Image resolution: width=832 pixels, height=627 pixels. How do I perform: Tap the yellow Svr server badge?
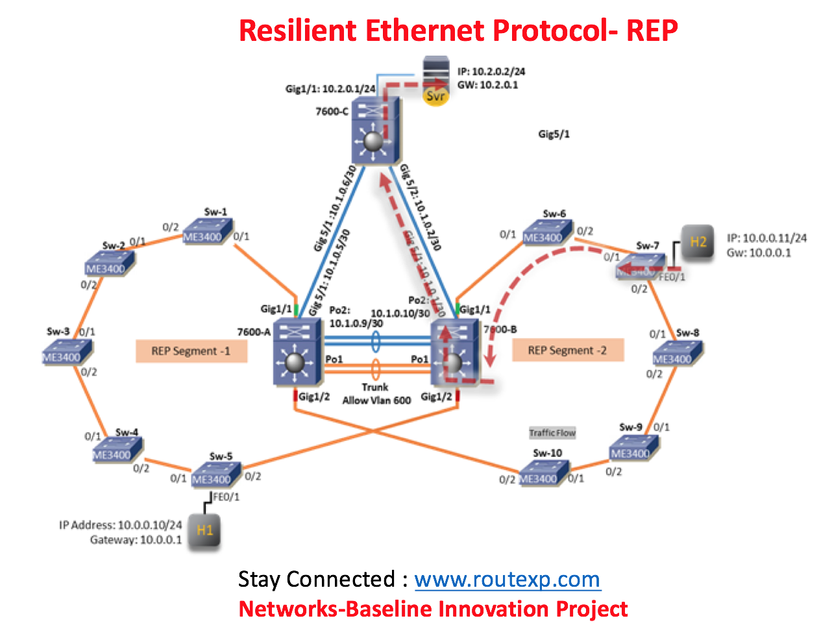(435, 97)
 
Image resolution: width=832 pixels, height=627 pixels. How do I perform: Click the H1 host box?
(204, 530)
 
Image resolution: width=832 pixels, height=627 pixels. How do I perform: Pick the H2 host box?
(698, 242)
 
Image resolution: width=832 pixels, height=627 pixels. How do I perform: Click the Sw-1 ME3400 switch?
(206, 233)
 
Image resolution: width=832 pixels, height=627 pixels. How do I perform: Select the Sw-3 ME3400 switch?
(66, 353)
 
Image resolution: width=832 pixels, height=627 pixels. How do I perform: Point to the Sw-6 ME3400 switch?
(546, 234)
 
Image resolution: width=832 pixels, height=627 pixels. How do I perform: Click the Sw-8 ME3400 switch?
(676, 354)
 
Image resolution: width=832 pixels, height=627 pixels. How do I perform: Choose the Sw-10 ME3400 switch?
(543, 474)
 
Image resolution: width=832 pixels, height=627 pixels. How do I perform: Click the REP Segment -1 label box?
(191, 351)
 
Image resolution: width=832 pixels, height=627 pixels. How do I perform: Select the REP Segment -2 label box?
(567, 350)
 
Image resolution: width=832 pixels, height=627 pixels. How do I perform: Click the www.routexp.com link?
(507, 579)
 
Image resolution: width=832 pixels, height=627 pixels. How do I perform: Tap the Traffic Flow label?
(552, 433)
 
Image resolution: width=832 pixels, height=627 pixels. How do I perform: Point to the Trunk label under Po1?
(375, 387)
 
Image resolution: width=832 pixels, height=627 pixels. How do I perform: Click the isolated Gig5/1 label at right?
(554, 134)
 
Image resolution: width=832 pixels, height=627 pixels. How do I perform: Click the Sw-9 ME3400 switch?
(633, 449)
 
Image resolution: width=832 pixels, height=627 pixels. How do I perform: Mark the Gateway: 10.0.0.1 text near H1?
(136, 540)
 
